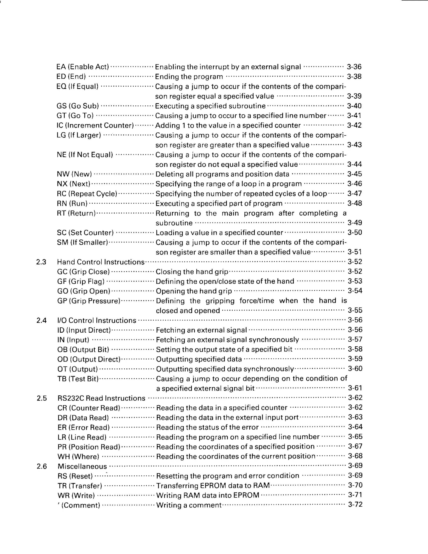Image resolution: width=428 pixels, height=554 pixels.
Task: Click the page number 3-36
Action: pyautogui.click(x=354, y=67)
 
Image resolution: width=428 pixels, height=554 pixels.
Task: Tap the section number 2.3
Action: pyautogui.click(x=41, y=262)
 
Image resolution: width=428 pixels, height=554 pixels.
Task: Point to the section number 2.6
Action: pyautogui.click(x=42, y=466)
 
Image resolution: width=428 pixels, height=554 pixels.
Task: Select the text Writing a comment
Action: pyautogui.click(x=189, y=505)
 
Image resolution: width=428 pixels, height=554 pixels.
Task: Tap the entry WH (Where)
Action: pyautogui.click(x=78, y=457)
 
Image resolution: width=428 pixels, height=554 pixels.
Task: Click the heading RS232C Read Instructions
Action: pyautogui.click(x=101, y=398)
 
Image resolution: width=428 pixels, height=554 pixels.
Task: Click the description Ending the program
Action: pyautogui.click(x=189, y=77)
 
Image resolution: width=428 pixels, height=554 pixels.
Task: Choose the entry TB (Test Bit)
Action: pyautogui.click(x=78, y=379)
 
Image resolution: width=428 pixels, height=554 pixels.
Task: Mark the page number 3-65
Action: pyautogui.click(x=355, y=437)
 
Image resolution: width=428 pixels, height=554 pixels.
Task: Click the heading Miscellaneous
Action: pyautogui.click(x=82, y=466)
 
